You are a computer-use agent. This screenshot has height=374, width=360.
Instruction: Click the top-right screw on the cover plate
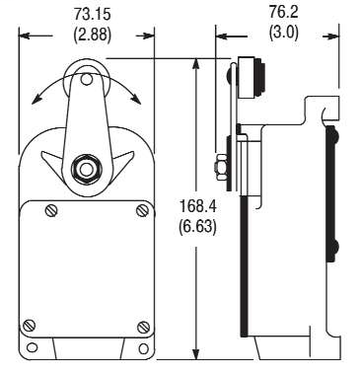tap(144, 209)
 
